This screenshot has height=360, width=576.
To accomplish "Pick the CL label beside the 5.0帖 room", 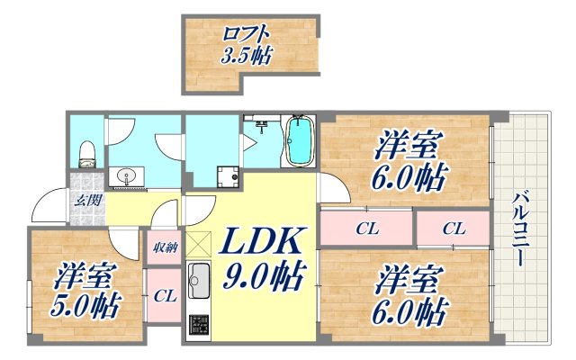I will pyautogui.click(x=164, y=294).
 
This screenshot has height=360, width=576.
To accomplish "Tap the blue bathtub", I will pyautogui.click(x=298, y=142).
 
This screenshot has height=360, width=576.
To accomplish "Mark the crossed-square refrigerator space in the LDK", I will pyautogui.click(x=197, y=243).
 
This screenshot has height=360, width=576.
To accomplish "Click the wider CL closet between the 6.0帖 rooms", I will pyautogui.click(x=365, y=229).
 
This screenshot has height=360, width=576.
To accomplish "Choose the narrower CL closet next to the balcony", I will pyautogui.click(x=453, y=229).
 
